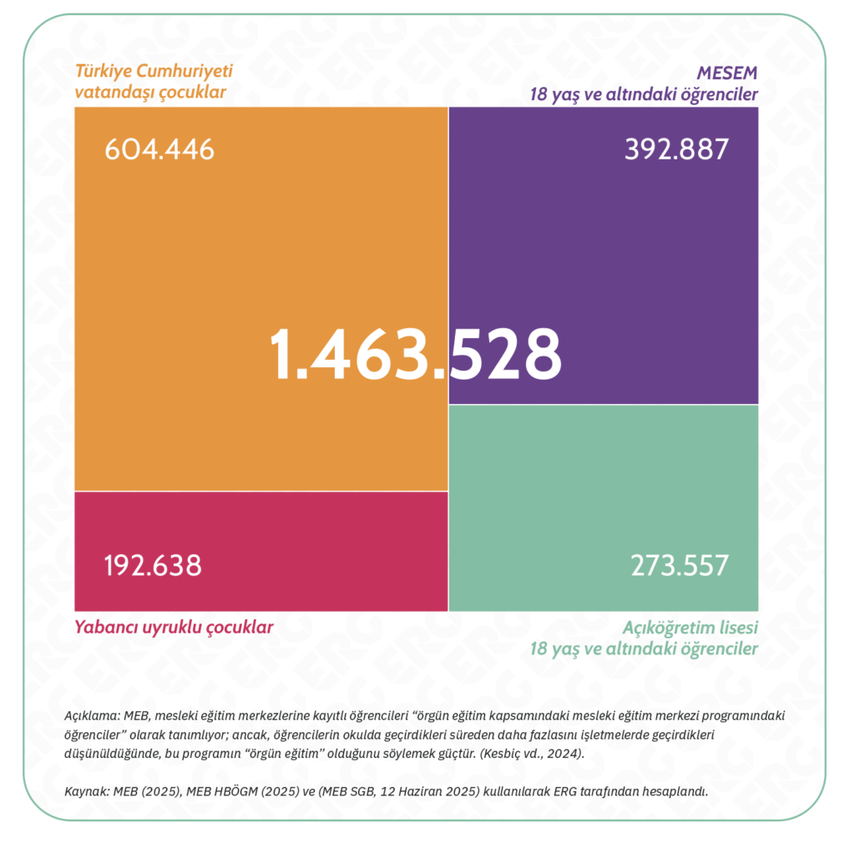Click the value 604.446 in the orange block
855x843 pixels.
(x=159, y=149)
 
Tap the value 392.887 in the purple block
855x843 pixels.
(x=676, y=149)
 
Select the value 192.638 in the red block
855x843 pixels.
(x=153, y=565)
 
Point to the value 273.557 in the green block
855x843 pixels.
(x=680, y=565)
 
